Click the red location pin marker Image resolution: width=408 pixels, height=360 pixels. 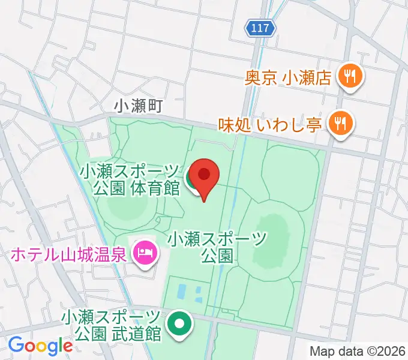(205, 176)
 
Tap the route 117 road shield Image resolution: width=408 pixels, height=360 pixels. (261, 27)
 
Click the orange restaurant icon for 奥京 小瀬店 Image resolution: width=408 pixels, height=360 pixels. (349, 76)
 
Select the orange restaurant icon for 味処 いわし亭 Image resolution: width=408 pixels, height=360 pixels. (340, 124)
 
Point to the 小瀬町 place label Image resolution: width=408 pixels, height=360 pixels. (139, 106)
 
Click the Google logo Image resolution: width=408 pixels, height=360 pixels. (40, 346)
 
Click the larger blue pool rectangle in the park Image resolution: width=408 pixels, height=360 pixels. (181, 292)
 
